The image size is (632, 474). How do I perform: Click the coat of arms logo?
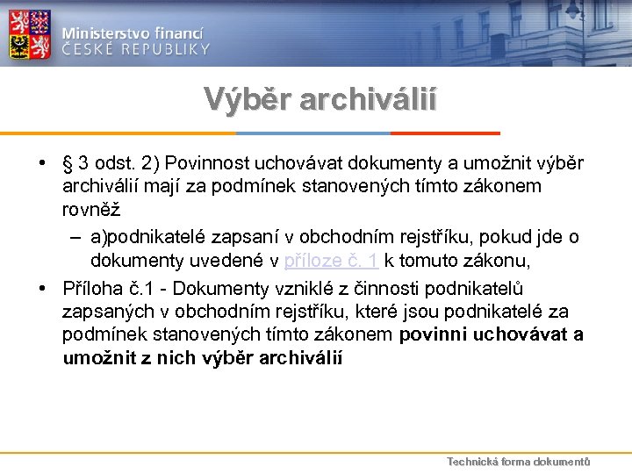click(x=30, y=32)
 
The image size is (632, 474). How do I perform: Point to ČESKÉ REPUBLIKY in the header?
click(x=136, y=49)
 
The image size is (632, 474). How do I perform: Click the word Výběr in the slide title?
click(x=247, y=98)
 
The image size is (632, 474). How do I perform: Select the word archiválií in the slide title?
click(x=369, y=98)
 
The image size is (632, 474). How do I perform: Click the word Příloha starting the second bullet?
click(x=95, y=289)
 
